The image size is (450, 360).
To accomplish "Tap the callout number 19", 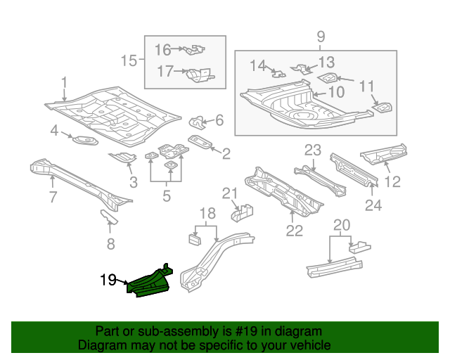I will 108,281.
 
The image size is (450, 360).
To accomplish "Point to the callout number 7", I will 52,198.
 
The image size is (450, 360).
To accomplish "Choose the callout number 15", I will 128,61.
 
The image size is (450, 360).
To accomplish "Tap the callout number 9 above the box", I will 321,37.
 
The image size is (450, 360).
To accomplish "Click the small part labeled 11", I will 383,108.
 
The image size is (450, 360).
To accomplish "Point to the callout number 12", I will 392,182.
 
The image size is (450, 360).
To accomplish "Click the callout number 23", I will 312,149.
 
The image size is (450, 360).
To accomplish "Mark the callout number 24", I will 373,205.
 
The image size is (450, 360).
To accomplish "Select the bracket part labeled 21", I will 245,210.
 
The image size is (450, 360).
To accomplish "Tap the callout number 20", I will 341,225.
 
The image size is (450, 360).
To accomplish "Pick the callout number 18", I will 206,214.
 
